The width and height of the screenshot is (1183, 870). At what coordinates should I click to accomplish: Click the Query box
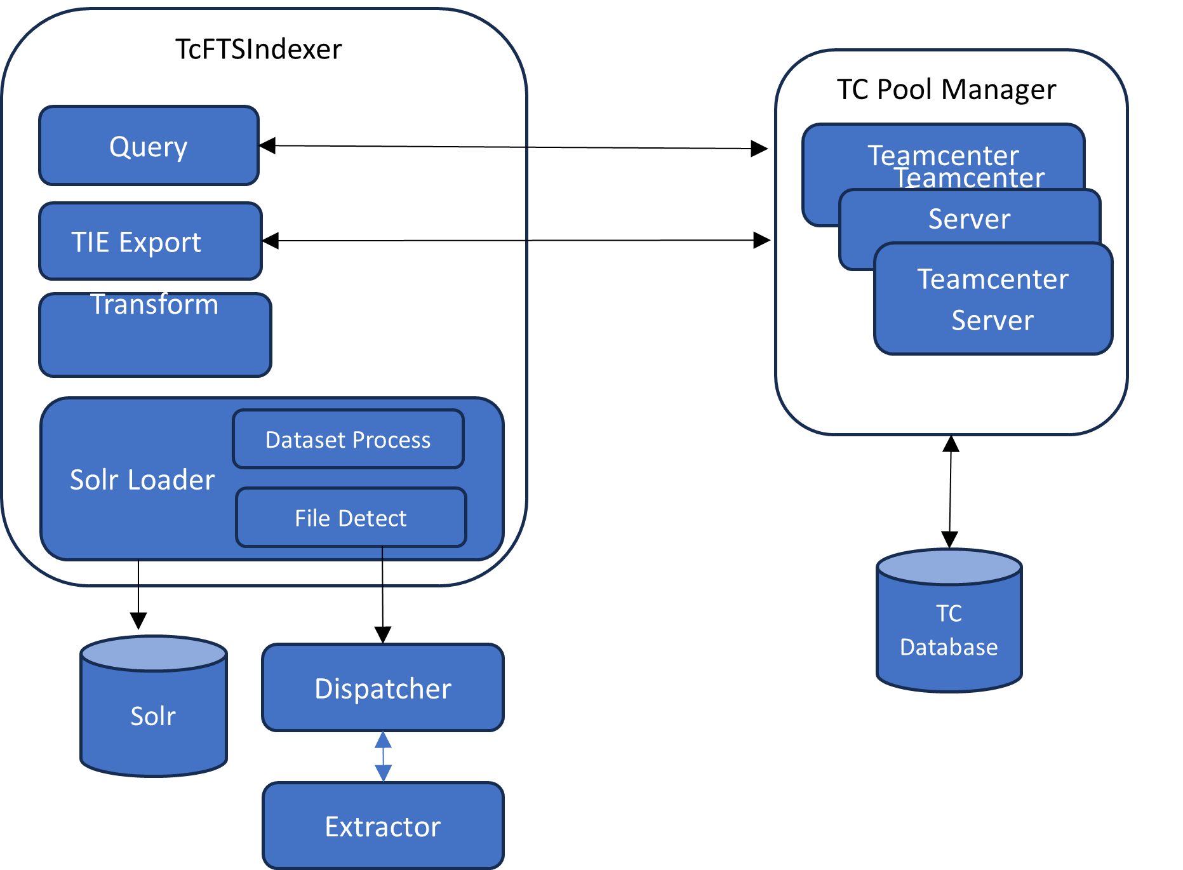tap(149, 146)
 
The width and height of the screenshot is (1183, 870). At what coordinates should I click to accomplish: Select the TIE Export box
tap(150, 241)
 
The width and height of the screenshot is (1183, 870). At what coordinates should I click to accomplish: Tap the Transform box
tap(155, 335)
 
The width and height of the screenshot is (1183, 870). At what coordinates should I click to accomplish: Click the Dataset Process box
tap(348, 439)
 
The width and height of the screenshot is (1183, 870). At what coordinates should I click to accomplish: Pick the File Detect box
tap(351, 518)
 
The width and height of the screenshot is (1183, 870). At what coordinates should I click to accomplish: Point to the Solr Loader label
tap(142, 479)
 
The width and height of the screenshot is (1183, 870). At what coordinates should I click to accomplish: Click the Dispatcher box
tap(383, 688)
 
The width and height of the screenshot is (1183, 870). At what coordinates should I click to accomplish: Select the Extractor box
tap(383, 826)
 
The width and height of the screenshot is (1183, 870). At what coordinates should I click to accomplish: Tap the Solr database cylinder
tap(154, 714)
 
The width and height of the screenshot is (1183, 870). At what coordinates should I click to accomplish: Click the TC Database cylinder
tap(949, 629)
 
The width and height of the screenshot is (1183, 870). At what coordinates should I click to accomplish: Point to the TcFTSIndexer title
tap(258, 49)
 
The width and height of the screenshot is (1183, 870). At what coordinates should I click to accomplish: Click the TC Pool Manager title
tap(946, 89)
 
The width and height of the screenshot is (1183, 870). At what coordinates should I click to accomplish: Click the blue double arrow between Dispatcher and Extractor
tap(383, 756)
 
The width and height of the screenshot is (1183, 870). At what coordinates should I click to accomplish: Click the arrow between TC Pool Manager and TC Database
tap(950, 492)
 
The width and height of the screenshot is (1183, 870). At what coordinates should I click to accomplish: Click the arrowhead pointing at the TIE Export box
tap(270, 241)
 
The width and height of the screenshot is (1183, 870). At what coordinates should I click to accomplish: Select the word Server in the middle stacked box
tap(969, 218)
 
